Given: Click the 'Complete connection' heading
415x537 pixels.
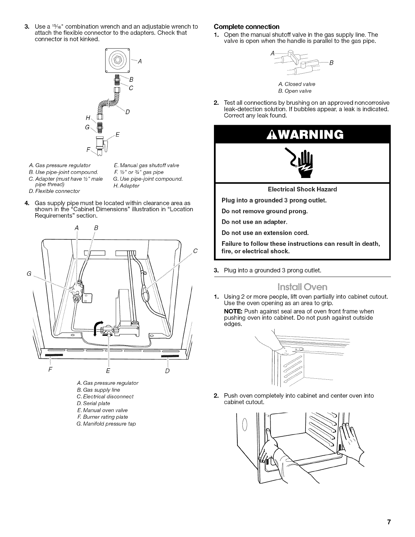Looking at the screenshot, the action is click(246, 27).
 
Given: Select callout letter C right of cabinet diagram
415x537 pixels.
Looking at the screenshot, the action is click(195, 251).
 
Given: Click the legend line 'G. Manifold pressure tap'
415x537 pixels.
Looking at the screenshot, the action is click(106, 424).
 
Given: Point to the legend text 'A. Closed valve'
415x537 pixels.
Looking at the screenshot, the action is click(296, 84).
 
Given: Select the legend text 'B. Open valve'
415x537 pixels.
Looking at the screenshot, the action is click(294, 91).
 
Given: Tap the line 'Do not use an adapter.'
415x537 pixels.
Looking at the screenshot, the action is click(254, 222).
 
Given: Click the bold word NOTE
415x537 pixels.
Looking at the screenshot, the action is click(233, 311).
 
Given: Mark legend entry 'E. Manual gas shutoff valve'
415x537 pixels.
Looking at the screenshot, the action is click(146, 165).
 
